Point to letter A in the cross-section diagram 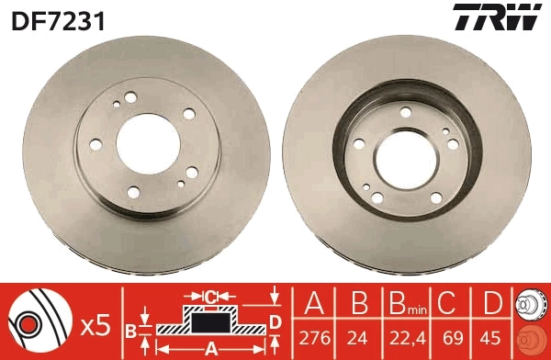(x=209, y=348)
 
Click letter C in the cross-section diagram (x=210, y=296)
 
